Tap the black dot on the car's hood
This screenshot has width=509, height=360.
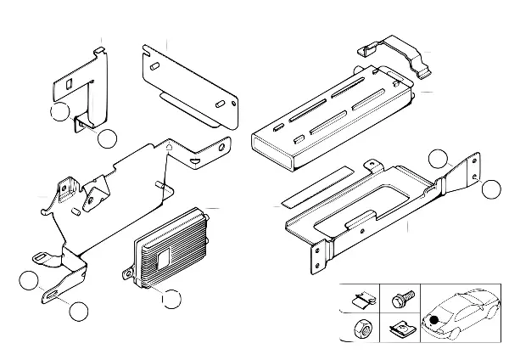(435, 319)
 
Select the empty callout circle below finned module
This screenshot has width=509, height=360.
(171, 298)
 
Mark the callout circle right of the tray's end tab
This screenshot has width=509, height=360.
(492, 188)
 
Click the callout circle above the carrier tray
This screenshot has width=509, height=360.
(437, 158)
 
